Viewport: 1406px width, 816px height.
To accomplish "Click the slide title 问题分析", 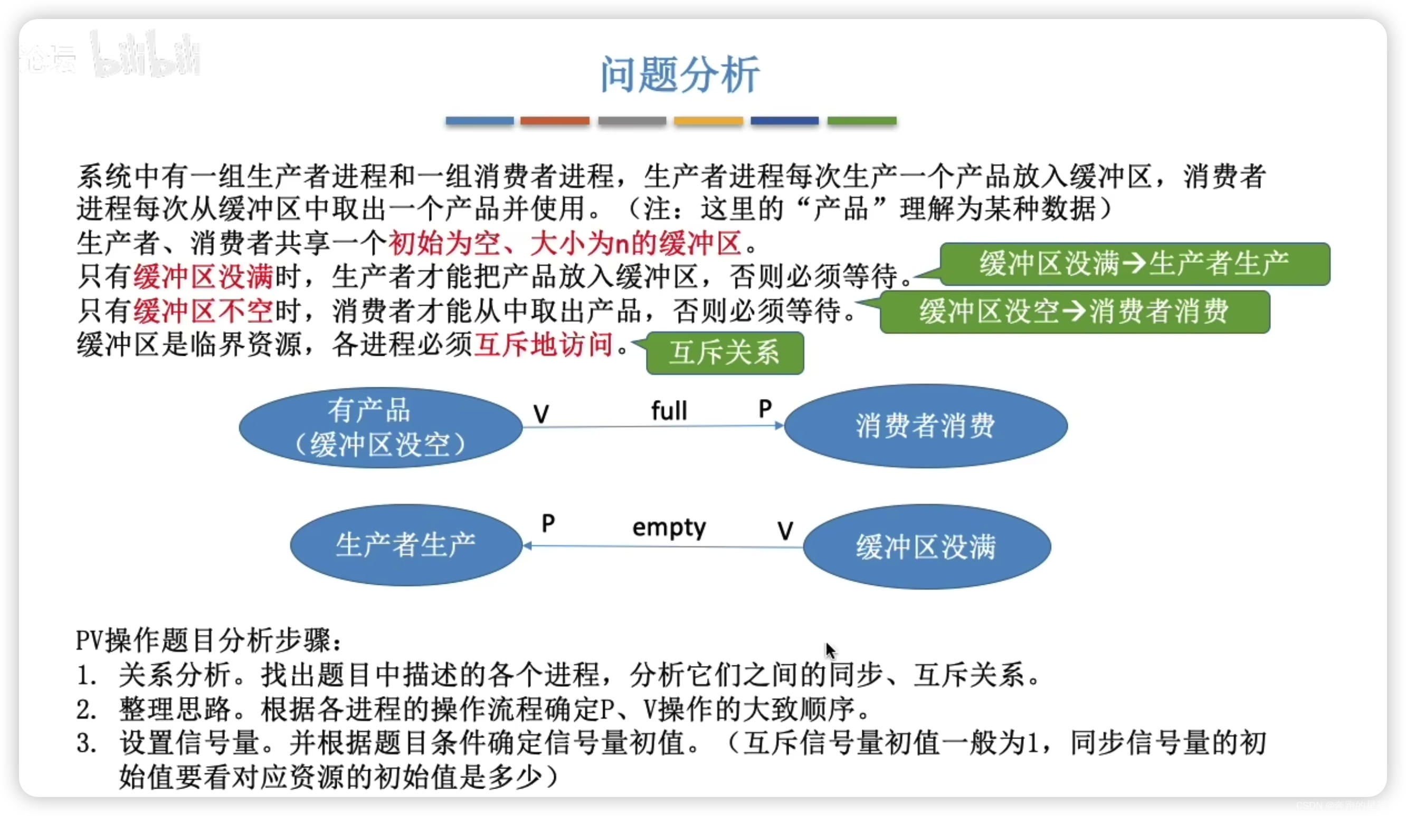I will pos(680,74).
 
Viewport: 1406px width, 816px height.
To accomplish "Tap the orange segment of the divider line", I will pos(555,120).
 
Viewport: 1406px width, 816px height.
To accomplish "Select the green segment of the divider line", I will pos(861,120).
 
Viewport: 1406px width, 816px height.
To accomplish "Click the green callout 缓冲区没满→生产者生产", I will pos(1135,263).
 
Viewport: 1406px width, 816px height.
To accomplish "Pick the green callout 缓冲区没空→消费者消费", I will pos(1075,311).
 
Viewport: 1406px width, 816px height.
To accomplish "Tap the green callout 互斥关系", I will pos(724,353).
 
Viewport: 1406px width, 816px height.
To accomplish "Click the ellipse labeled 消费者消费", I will pos(926,425).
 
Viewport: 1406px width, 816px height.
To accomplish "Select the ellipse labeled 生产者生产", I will pos(406,545).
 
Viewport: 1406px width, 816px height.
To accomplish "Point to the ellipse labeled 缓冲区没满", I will pos(926,546).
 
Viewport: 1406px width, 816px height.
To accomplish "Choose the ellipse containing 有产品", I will pos(381,428).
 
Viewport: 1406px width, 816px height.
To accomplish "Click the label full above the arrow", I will pos(669,411).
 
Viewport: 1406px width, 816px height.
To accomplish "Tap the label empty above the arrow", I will pos(669,527).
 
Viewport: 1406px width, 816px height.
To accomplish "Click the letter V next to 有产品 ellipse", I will pos(540,414).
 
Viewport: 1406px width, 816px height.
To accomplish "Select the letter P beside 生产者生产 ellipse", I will pos(548,523).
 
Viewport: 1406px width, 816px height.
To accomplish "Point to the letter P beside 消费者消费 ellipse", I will pos(765,409).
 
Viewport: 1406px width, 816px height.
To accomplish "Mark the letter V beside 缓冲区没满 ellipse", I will pos(785,530).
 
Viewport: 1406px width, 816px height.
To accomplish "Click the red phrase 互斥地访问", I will pos(544,344).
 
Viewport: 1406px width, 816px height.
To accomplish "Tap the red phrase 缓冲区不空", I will pos(203,311).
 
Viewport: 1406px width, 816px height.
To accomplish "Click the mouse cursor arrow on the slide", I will pos(830,650).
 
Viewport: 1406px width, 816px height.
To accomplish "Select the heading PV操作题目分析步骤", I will pos(208,640).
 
